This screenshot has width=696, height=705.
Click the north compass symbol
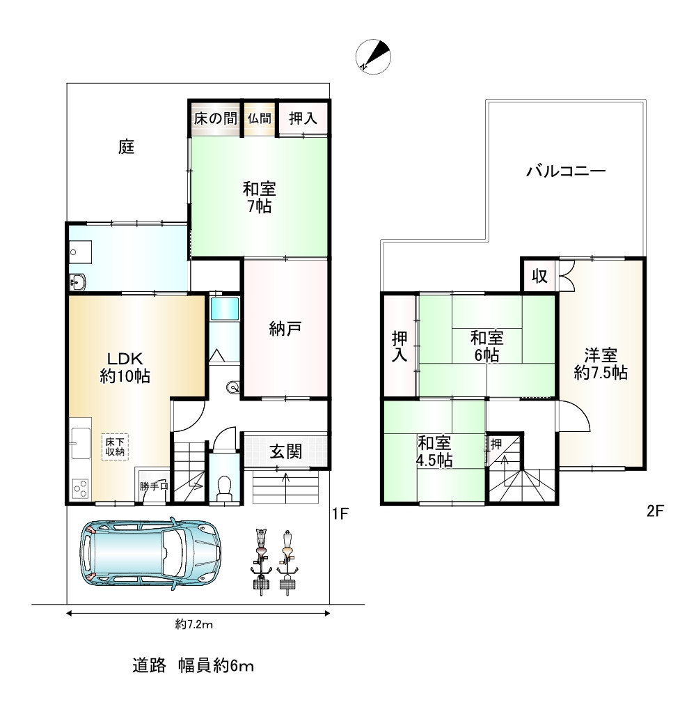(x=373, y=57)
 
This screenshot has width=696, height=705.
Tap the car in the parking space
(x=150, y=553)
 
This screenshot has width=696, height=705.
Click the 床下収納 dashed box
(x=115, y=447)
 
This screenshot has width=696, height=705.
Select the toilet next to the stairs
(x=223, y=488)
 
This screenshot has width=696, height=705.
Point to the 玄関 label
(x=286, y=451)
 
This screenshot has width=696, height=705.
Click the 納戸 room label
(x=285, y=329)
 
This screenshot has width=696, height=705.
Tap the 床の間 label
(x=216, y=118)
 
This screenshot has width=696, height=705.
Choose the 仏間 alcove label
(x=259, y=118)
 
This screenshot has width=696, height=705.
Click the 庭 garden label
(x=126, y=146)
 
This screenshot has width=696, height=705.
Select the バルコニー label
(x=566, y=171)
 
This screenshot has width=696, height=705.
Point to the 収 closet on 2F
(x=539, y=276)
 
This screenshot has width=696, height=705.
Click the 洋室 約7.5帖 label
(x=601, y=364)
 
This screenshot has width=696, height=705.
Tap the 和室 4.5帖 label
(x=434, y=451)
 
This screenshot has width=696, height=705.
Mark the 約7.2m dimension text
(x=193, y=624)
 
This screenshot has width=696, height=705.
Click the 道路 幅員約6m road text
(x=193, y=665)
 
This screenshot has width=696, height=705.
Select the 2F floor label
(x=655, y=511)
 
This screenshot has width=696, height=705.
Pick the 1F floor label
(x=340, y=513)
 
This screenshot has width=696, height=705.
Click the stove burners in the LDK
(x=81, y=489)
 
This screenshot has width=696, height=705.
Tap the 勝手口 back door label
(x=153, y=486)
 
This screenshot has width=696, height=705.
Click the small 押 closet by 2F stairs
(x=496, y=444)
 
